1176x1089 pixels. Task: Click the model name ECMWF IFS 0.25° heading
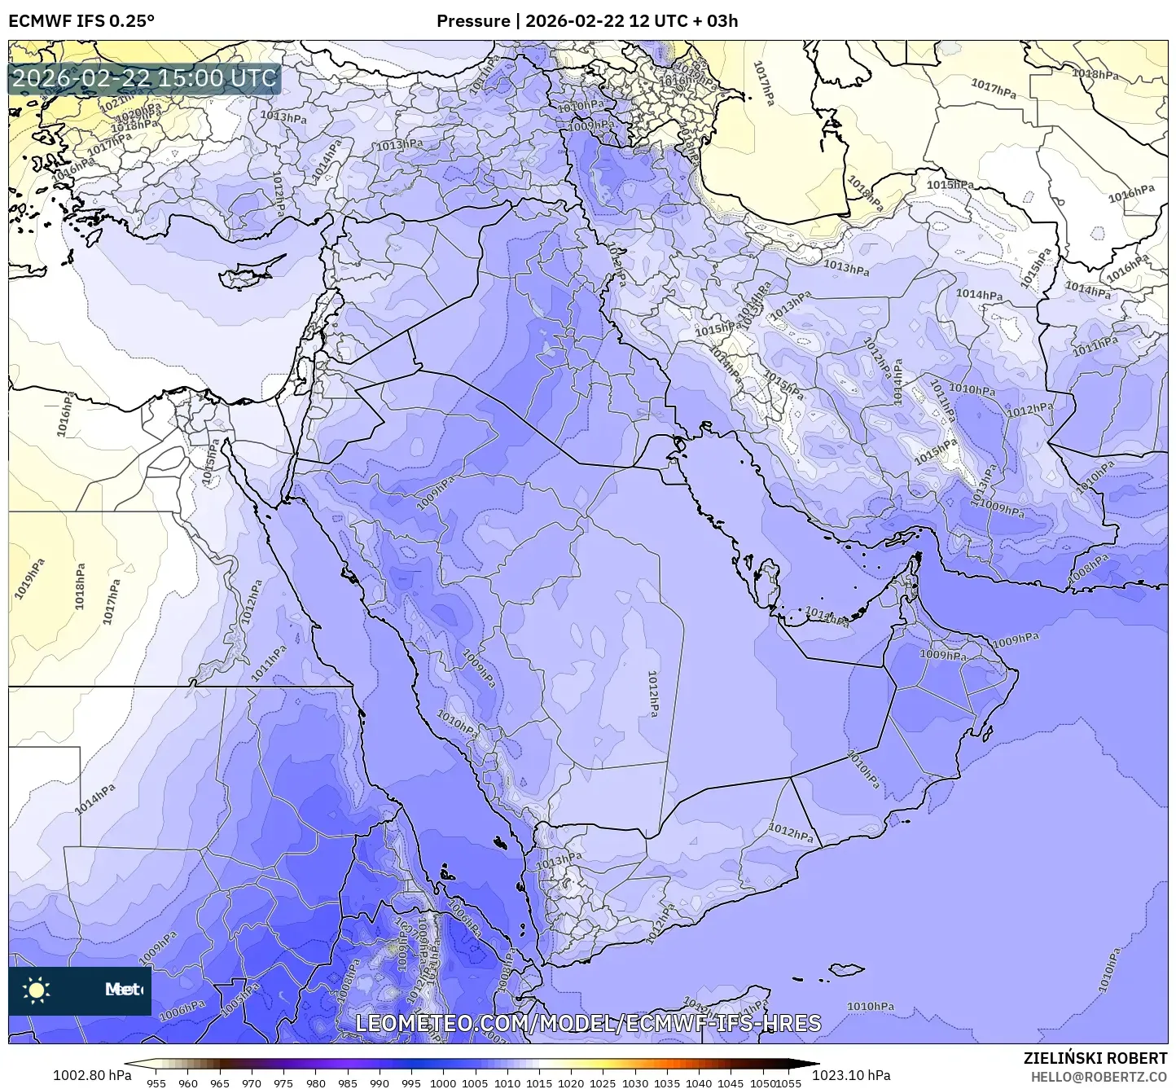tap(81, 20)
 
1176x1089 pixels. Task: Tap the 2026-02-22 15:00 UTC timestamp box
tap(144, 79)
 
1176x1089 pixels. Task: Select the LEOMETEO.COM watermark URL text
tap(588, 1023)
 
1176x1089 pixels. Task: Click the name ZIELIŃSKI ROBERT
tap(1095, 1058)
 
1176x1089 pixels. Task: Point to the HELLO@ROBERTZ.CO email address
tap(1099, 1076)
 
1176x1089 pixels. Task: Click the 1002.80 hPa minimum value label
tap(91, 1075)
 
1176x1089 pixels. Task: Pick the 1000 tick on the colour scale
tap(443, 1082)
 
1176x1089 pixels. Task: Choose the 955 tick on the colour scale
tap(156, 1082)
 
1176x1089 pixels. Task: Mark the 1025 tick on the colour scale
tap(603, 1082)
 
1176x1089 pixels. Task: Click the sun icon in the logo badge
tap(37, 990)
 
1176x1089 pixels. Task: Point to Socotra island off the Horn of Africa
tap(847, 969)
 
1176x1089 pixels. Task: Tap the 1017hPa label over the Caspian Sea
tap(763, 84)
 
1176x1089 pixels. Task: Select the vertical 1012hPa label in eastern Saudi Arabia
tap(652, 693)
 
